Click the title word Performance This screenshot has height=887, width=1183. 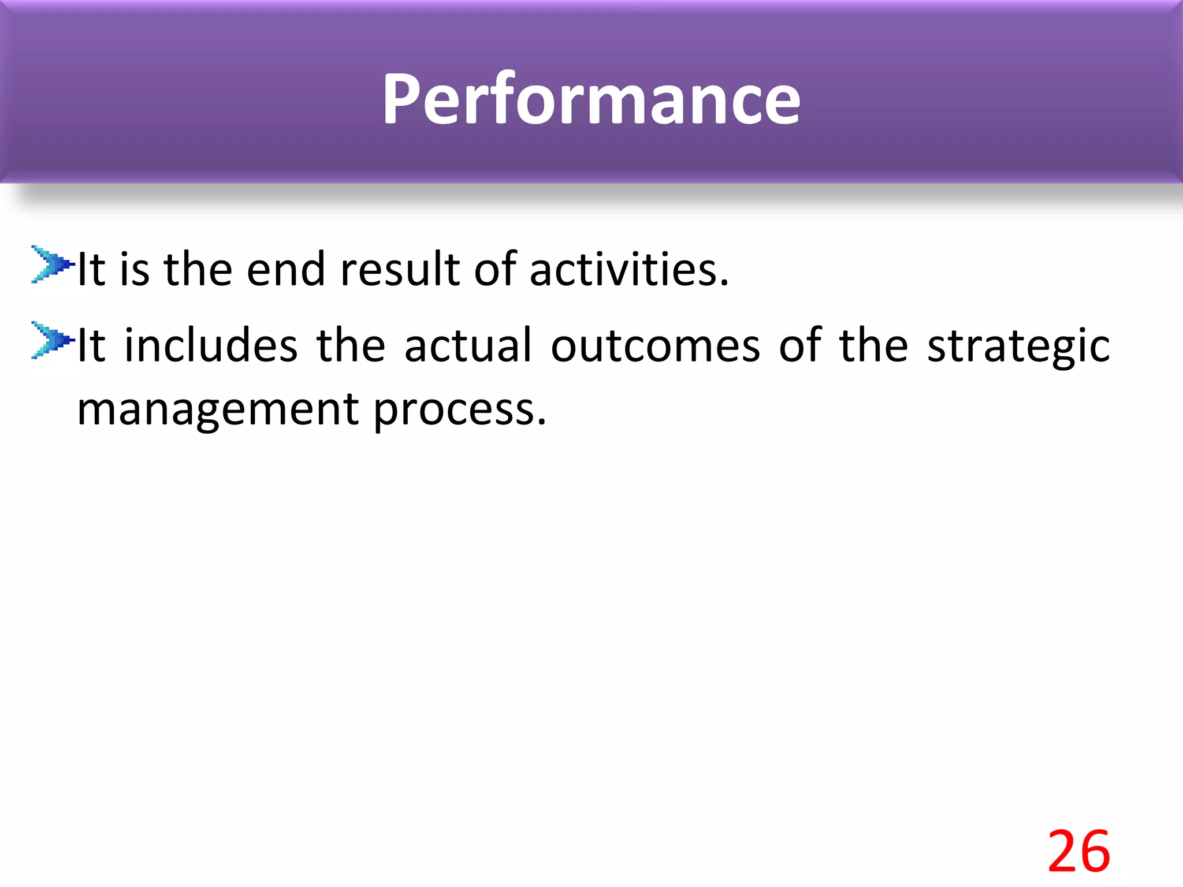point(591,99)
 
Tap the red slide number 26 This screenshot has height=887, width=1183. point(1078,851)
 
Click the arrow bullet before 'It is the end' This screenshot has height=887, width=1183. point(52,264)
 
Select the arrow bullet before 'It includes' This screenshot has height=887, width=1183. point(52,340)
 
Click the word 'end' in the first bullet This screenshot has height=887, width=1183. point(286,270)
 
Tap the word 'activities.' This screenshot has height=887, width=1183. point(629,270)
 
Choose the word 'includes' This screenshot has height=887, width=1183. point(211,345)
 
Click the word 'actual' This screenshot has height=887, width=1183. point(468,345)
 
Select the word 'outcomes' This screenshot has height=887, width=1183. point(655,345)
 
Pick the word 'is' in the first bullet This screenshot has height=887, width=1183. point(135,270)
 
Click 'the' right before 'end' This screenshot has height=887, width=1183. point(198,270)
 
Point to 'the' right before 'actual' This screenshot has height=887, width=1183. point(351,345)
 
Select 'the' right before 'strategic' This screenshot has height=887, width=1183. point(873,345)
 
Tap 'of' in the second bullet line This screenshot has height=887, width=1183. point(800,345)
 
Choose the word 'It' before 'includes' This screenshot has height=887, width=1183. point(91,345)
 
